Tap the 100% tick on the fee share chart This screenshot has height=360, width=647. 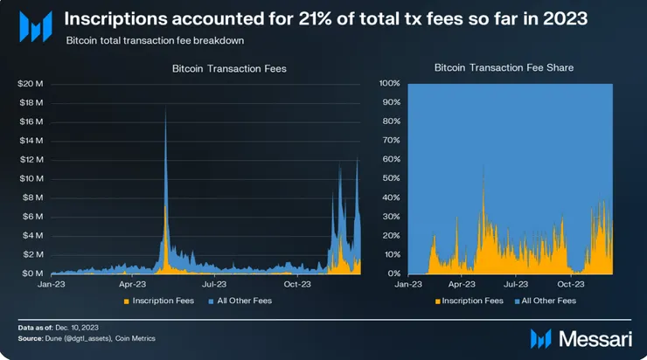click(x=390, y=84)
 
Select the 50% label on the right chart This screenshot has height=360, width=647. click(x=392, y=178)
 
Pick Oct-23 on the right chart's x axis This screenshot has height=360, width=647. click(x=571, y=283)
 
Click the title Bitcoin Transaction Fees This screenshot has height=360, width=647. click(x=205, y=67)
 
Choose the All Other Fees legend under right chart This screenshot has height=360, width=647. click(x=547, y=301)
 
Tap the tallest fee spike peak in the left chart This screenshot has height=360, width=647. click(x=165, y=107)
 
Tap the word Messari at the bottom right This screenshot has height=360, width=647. click(x=590, y=337)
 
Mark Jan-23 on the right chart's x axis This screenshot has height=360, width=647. click(x=409, y=283)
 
